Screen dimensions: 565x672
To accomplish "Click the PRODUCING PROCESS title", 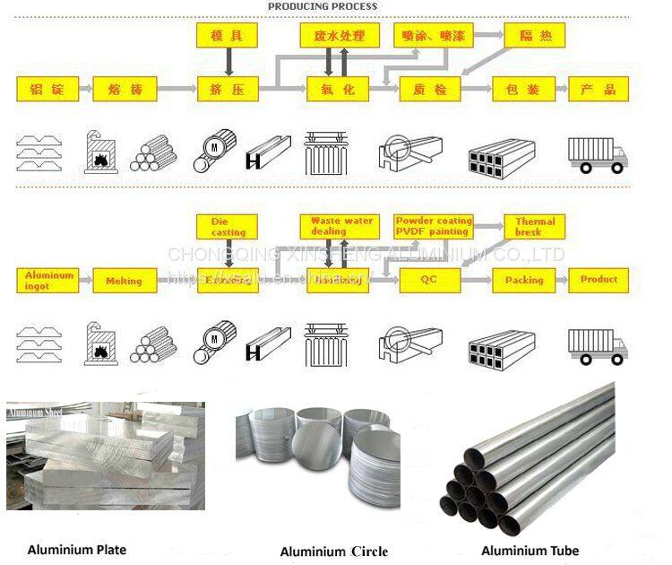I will [323, 6].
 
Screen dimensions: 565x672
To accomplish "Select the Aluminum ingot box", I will [47, 280].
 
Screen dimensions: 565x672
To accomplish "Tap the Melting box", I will [124, 281].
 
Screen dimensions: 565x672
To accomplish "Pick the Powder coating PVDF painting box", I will [433, 226].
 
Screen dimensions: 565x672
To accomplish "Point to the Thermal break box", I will [535, 226].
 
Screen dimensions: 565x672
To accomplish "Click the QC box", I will [429, 280].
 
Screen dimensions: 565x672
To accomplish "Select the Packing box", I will [523, 280].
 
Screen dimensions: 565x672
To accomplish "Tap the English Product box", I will [599, 280].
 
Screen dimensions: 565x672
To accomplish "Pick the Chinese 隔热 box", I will [535, 36].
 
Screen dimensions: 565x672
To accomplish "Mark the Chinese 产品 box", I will [599, 89].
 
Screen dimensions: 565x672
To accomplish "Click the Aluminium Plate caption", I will [76, 550].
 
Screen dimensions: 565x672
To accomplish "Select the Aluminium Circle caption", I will [334, 552].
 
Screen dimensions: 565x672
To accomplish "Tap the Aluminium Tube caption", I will [530, 551].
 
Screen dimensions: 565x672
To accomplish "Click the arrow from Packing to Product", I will [562, 280].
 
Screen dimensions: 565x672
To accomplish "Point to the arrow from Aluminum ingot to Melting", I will [85, 281].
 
